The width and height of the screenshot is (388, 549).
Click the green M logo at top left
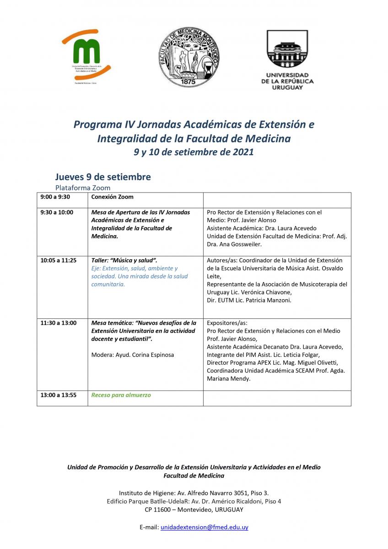pyautogui.click(x=86, y=53)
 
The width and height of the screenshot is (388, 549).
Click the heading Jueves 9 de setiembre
pyautogui.click(x=103, y=177)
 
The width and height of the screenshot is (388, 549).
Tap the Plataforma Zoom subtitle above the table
pyautogui.click(x=83, y=188)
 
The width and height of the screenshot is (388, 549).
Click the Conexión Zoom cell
pyautogui.click(x=113, y=197)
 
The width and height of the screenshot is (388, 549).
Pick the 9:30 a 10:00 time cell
pyautogui.click(x=57, y=212)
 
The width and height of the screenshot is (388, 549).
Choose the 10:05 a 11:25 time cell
pyautogui.click(x=58, y=260)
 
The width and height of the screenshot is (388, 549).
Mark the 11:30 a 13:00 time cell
pyautogui.click(x=58, y=323)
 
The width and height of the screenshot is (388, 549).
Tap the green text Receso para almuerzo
pyautogui.click(x=121, y=395)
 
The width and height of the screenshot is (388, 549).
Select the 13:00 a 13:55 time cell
pyautogui.click(x=58, y=395)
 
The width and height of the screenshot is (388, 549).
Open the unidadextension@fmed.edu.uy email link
pyautogui.click(x=204, y=527)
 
